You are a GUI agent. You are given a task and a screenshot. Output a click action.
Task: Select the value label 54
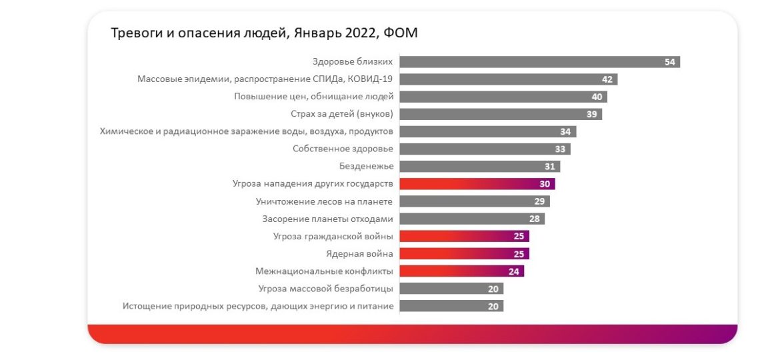[671, 62]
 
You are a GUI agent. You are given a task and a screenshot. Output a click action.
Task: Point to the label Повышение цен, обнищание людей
[313, 97]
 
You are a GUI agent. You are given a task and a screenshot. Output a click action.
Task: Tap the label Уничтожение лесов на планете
[324, 201]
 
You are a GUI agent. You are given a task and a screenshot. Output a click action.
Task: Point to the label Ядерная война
[359, 253]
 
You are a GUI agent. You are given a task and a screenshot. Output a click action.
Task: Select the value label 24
[514, 271]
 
